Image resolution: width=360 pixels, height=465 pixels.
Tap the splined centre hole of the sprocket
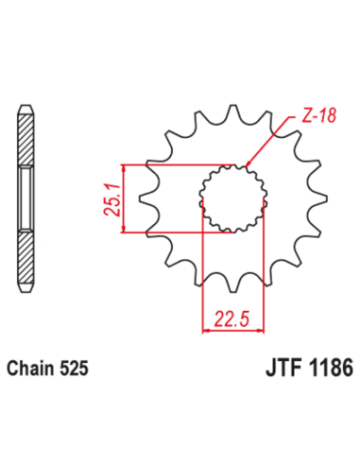[x=230, y=198]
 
